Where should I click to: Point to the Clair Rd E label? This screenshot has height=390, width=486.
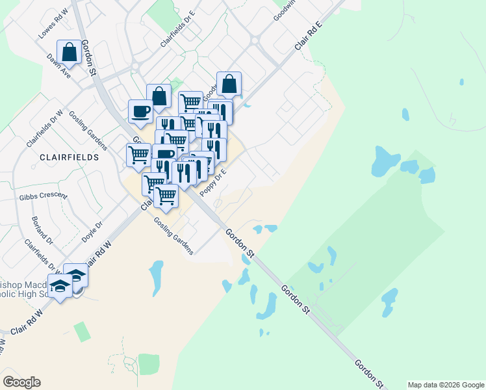point(309,36)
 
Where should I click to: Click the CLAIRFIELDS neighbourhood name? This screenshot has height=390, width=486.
point(70,157)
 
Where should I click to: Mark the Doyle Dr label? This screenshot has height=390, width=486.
point(93,233)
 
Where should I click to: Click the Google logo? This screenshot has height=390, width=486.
point(21,382)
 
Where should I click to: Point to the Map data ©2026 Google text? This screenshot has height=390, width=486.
point(446,385)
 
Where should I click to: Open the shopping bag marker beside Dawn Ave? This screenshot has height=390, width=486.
point(70,52)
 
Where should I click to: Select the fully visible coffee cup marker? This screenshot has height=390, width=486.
point(140,112)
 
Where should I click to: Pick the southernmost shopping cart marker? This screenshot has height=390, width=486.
point(166,196)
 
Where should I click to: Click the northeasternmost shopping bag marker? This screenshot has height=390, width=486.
point(229,83)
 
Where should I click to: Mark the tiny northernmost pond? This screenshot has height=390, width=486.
point(461,83)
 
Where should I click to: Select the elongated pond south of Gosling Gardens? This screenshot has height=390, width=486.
point(157,276)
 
